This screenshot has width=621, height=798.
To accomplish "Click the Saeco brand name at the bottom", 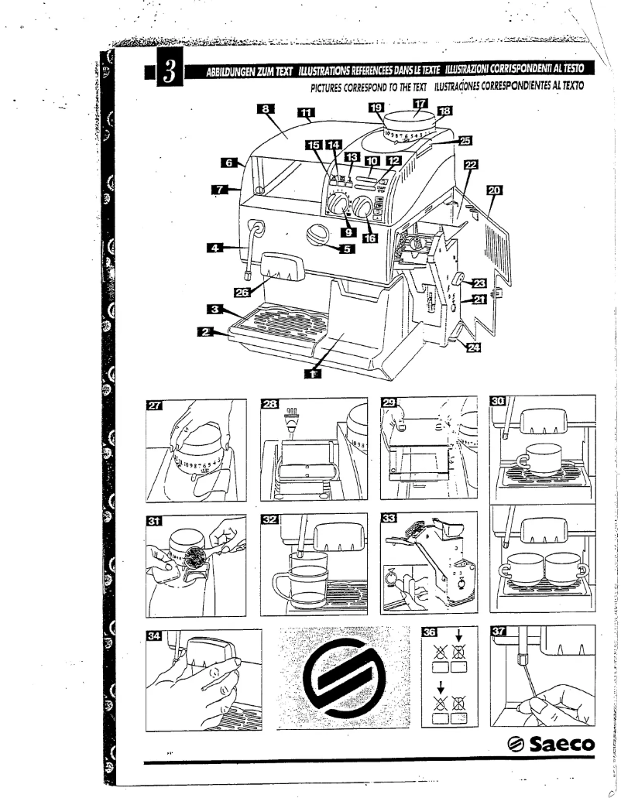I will click(x=551, y=745).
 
